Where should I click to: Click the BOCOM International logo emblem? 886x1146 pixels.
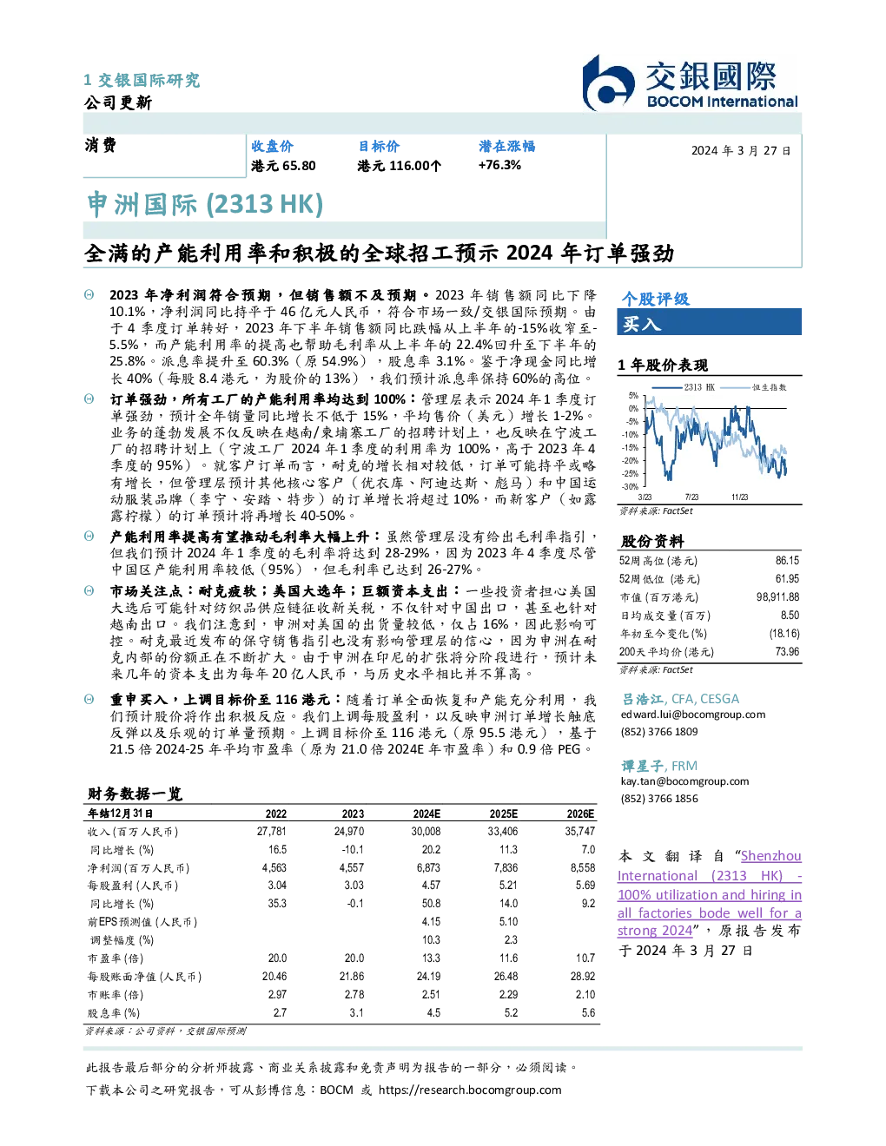608,82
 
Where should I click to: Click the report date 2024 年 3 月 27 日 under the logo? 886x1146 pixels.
741,151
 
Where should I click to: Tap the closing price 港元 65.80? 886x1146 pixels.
283,166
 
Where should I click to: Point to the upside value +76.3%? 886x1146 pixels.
499,165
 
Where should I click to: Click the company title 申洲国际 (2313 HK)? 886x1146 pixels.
205,205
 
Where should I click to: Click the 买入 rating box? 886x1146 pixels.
709,322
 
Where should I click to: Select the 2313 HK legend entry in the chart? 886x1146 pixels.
684,387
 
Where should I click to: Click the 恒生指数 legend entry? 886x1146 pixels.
754,387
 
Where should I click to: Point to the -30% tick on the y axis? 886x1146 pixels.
631,487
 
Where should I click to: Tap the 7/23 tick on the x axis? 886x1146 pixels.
691,497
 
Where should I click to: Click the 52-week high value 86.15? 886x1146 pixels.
787,561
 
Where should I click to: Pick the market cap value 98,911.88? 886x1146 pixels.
777,597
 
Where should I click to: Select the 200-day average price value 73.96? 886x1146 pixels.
787,652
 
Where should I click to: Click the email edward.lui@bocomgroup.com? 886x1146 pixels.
693,715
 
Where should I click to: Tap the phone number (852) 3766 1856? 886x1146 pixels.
659,799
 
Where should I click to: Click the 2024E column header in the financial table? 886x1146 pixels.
426,813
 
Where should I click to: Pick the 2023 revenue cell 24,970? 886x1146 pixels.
349,832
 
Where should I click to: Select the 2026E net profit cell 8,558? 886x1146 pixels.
583,868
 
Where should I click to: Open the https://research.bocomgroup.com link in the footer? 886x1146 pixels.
470,1090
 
